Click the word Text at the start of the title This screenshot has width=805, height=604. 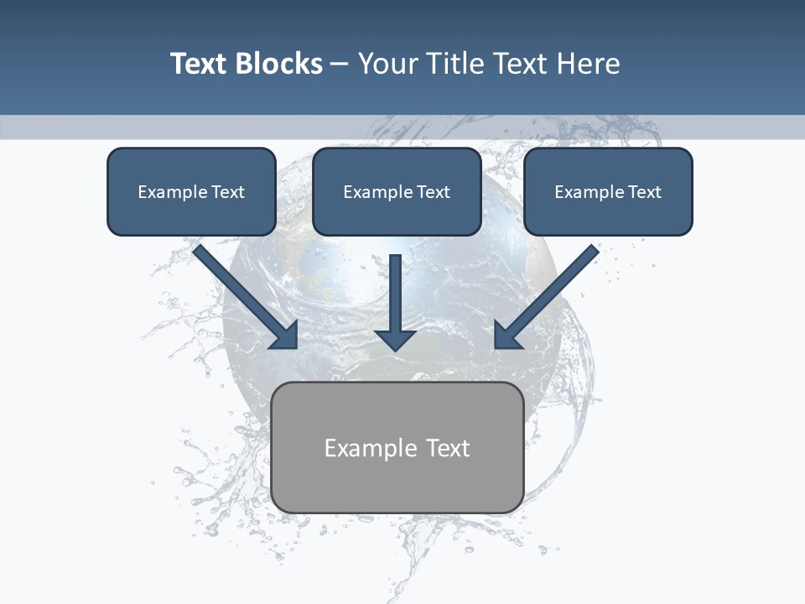(x=199, y=64)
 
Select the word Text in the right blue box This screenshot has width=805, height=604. (x=644, y=192)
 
